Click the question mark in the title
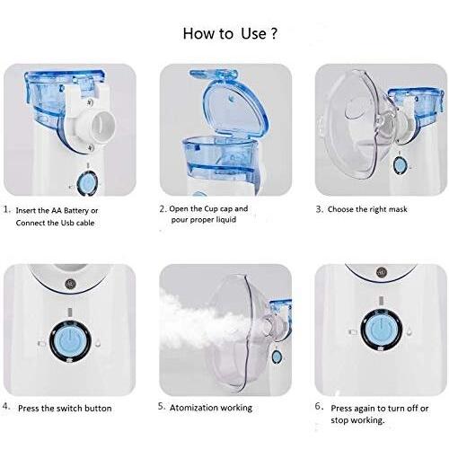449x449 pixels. [273, 33]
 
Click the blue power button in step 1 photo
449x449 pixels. [87, 182]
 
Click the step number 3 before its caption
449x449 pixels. [319, 208]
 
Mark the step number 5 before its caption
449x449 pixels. [162, 407]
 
